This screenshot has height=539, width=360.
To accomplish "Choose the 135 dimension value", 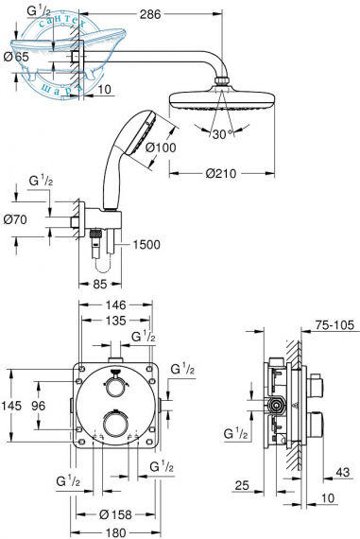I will pyautogui.click(x=116, y=321).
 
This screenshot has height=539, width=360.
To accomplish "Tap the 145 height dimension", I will pyautogui.click(x=12, y=406).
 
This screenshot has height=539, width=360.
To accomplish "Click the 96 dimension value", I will pyautogui.click(x=40, y=406).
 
